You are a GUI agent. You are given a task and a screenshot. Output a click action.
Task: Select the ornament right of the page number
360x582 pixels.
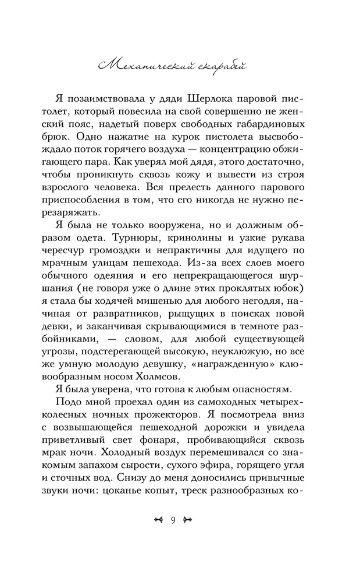(190, 520)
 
